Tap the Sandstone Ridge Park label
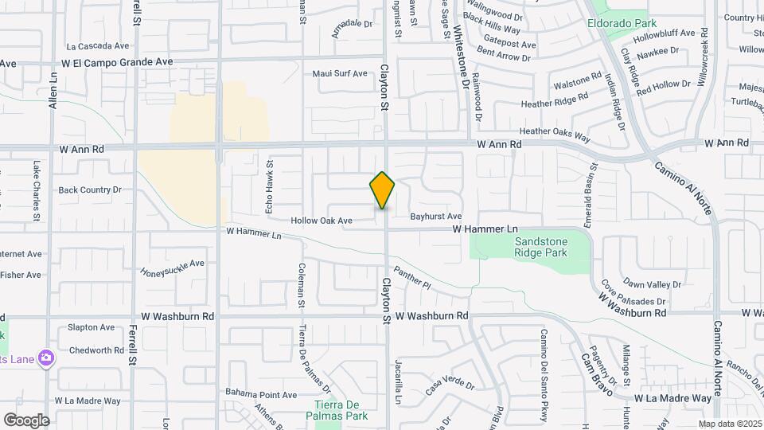540,247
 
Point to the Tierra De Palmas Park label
338,410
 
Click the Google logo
26,420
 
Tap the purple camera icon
47,358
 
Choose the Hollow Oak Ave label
322,221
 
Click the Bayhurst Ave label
435,217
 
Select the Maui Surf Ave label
340,73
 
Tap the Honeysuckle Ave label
173,268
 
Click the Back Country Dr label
90,190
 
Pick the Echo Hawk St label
270,186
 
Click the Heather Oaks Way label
555,134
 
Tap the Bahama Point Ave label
260,394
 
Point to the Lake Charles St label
37,191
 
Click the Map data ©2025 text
729,424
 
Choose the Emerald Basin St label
593,186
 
